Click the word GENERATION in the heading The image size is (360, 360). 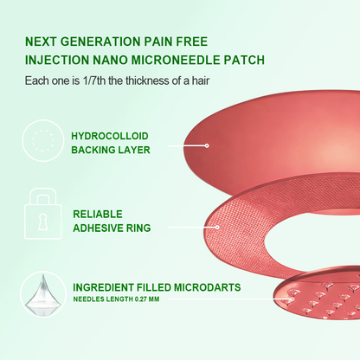tap(100, 42)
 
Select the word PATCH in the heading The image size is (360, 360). tap(244, 60)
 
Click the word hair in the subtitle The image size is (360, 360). tap(201, 80)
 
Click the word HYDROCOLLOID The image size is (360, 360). tap(110, 136)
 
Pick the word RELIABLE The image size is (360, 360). tap(98, 214)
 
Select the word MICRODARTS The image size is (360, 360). tap(207, 287)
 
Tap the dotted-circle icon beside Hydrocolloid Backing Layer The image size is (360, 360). tap(43, 140)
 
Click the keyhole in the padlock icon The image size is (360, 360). tap(42, 222)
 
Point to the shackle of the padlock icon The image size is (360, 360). tap(42, 197)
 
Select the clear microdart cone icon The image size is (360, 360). tap(42, 295)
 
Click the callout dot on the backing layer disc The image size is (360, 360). tap(207, 145)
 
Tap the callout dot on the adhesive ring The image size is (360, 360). tap(217, 228)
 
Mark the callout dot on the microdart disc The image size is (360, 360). tap(292, 299)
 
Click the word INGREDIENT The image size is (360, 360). tap(103, 287)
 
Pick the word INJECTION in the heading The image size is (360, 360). tap(57, 60)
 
